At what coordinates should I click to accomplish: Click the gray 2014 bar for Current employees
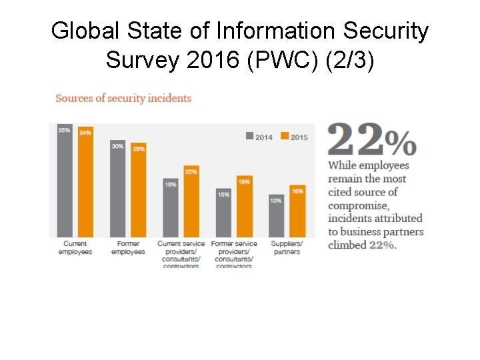coord(65,181)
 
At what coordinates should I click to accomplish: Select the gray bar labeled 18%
coord(171,207)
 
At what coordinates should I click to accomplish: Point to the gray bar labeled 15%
coord(223,213)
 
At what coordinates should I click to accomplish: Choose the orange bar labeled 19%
coord(244,206)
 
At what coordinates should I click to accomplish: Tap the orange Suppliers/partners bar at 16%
coord(297,211)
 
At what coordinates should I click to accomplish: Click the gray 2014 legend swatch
coord(250,137)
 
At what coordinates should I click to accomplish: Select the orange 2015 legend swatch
coord(285,137)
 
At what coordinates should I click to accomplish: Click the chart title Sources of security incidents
coord(123,98)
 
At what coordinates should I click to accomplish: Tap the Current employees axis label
coord(75,248)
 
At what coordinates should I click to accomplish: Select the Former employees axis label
coord(128,248)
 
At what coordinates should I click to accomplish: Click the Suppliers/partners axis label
coord(287,248)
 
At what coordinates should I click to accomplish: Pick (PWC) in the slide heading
coord(279,60)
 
